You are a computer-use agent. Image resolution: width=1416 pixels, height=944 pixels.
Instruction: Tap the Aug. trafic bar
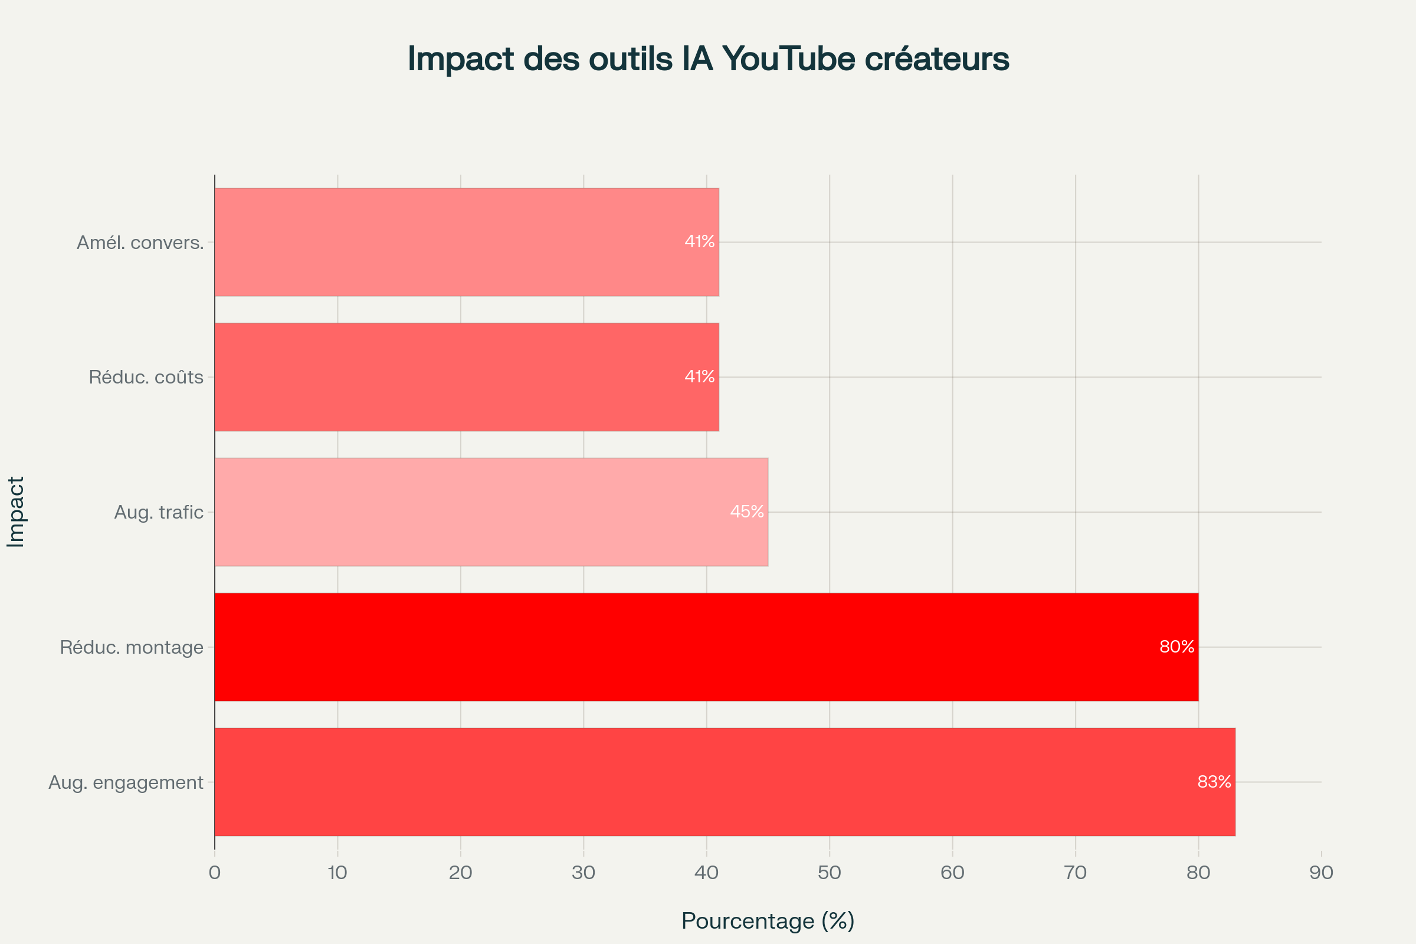491,512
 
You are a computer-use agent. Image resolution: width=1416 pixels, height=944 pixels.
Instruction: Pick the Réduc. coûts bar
467,377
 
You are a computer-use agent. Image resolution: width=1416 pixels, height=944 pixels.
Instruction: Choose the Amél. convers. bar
467,242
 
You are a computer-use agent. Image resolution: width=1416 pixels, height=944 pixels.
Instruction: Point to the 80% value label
1176,647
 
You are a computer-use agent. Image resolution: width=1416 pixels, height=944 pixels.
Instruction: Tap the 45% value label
746,512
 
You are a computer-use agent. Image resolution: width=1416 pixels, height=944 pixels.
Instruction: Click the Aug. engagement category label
126,782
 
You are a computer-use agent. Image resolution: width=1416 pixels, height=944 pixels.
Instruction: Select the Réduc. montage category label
131,647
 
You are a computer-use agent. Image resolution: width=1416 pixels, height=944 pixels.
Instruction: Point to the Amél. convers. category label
140,242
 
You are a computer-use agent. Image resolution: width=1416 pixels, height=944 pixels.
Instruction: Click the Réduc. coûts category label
146,378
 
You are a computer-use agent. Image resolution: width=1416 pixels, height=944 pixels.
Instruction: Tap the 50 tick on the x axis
829,873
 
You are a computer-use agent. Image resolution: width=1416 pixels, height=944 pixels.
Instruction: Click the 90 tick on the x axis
1321,873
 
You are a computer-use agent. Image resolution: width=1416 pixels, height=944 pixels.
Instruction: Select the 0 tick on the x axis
214,873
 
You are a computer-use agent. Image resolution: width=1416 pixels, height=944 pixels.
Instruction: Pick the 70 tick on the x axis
1075,873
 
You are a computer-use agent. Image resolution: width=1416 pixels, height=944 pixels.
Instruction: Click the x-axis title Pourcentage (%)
768,920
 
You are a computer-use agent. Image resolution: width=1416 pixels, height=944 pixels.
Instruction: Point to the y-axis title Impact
16,512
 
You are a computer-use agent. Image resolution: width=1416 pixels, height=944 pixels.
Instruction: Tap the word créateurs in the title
937,59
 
